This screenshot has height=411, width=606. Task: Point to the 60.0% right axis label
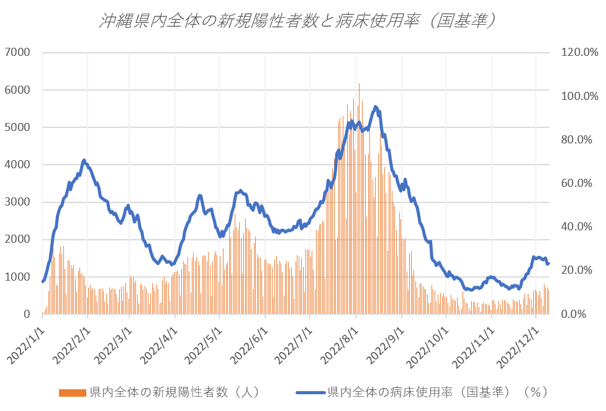(577, 183)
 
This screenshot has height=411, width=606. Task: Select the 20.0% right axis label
(577, 270)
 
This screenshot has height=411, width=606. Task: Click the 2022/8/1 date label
(339, 342)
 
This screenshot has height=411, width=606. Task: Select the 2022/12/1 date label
(519, 342)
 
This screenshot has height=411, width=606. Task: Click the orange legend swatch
(73, 392)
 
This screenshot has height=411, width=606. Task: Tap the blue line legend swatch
(310, 392)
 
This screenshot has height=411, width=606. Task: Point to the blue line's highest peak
(375, 107)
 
